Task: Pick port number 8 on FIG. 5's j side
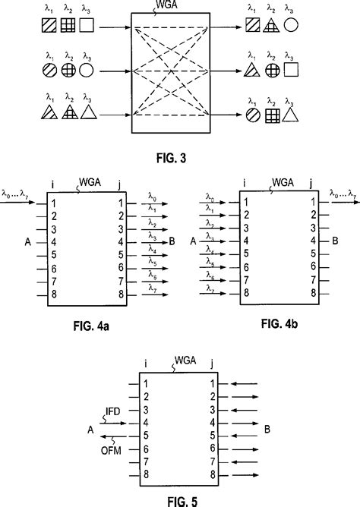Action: (213, 475)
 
